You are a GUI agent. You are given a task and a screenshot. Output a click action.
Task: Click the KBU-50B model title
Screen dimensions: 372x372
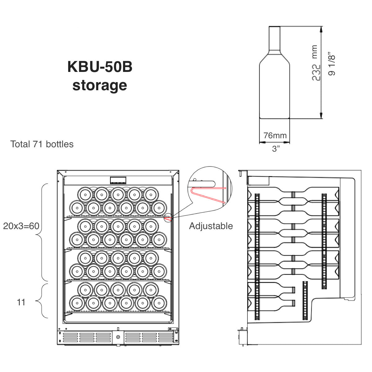(x=100, y=67)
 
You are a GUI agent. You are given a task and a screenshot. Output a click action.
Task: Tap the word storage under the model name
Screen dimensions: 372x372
(x=100, y=85)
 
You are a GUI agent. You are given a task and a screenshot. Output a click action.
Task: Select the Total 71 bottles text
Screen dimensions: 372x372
(x=42, y=144)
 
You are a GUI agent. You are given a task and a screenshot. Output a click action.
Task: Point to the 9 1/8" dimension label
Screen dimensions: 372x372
(x=332, y=64)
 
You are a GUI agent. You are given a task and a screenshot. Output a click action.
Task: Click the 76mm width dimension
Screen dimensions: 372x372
(x=275, y=135)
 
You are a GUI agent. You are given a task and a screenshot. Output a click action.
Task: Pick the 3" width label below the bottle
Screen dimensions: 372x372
(x=276, y=149)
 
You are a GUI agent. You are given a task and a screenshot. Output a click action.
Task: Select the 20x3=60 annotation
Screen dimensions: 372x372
(x=21, y=226)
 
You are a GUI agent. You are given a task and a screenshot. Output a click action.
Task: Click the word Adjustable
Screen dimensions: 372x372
(x=211, y=226)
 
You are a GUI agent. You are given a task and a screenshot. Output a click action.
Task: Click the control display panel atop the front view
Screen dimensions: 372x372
(x=118, y=180)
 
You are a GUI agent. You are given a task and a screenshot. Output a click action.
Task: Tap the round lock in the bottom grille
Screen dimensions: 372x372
(x=118, y=343)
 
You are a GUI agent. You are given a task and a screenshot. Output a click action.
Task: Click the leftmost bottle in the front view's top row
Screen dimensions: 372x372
(x=85, y=195)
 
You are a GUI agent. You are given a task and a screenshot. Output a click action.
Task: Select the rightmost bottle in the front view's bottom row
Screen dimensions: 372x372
(x=159, y=303)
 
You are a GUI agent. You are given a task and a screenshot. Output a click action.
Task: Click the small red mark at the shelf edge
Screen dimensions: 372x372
(x=168, y=219)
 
